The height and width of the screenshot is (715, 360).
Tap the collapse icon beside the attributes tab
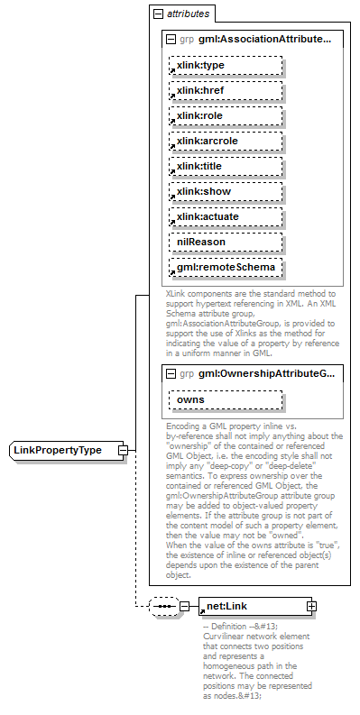coord(158,14)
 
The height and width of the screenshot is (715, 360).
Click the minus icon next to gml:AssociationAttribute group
coord(171,40)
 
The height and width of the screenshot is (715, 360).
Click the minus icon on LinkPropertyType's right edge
coord(124,450)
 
